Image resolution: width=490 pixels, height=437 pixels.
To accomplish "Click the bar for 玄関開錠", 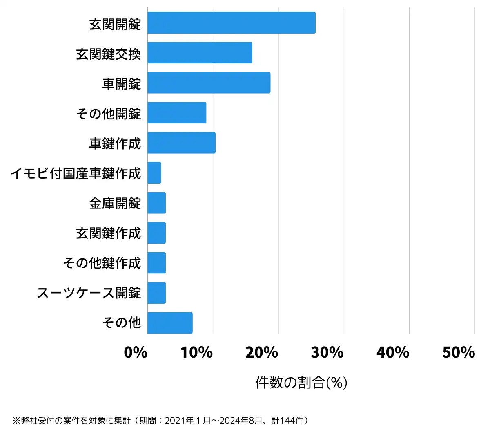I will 231,23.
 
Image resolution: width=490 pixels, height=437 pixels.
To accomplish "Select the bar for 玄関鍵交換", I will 200,53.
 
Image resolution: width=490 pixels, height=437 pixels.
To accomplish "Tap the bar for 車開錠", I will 209,83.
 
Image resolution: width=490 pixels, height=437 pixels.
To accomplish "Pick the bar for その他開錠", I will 177,113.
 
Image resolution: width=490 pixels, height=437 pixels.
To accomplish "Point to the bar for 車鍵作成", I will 181,143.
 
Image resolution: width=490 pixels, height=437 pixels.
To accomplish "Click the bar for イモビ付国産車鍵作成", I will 154,173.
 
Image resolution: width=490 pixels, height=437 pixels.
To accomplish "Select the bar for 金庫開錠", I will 156,203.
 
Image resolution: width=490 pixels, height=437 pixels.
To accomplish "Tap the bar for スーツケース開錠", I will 156,293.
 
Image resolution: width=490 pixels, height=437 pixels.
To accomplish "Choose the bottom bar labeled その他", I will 170,323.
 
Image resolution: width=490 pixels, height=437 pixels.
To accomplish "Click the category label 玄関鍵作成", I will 108,233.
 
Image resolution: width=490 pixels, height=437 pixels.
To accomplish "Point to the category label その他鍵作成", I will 102,263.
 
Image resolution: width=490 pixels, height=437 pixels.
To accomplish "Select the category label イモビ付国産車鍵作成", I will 76,173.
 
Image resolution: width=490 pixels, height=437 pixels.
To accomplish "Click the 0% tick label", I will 136,352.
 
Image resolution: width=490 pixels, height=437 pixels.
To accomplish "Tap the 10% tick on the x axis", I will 197,352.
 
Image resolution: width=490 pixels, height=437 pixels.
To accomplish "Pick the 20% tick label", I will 262,352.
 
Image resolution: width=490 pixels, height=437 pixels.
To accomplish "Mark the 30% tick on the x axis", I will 327,352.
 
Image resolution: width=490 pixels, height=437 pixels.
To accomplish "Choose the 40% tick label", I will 393,352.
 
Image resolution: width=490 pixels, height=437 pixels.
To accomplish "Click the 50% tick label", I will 459,352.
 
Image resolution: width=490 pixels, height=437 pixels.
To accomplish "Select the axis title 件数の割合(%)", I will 301,383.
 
